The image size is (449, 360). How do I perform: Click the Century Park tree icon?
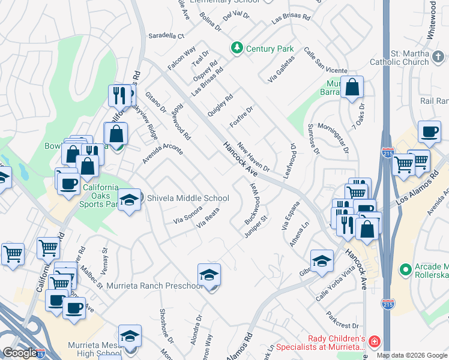coord(237,47)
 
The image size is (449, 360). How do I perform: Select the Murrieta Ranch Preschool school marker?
coord(209,275)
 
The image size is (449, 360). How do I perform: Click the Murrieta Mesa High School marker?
coord(130,337)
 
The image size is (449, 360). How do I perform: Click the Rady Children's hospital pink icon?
coord(375,341)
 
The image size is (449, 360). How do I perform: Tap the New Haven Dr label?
coord(253,157)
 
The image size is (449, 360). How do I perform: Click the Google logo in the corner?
coord(19,353)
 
